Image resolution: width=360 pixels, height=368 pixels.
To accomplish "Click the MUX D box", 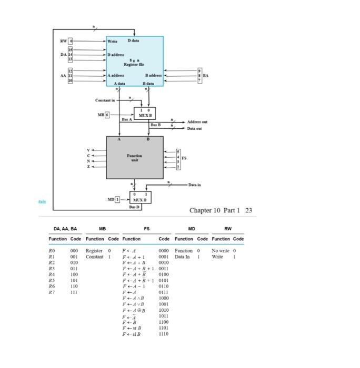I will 141,198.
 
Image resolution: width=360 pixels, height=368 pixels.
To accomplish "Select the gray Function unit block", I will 135,158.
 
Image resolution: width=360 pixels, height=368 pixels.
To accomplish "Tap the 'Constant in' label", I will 105,100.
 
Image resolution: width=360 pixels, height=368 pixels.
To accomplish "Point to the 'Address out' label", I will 197,121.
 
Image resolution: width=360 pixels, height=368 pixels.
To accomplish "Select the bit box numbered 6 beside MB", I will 108,114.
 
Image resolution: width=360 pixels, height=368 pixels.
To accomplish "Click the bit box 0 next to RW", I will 72,40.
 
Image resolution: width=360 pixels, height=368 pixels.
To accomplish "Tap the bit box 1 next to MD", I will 118,199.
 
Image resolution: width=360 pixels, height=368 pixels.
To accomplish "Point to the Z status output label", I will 89,166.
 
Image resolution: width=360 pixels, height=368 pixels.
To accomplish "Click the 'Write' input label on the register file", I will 113,41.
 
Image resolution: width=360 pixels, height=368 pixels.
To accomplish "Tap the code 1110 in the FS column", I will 164,334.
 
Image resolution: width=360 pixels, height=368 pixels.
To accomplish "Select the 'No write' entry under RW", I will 221,251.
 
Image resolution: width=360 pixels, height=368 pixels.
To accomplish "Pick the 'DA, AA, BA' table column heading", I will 65,229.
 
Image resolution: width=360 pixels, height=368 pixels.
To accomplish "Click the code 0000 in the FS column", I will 164,251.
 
